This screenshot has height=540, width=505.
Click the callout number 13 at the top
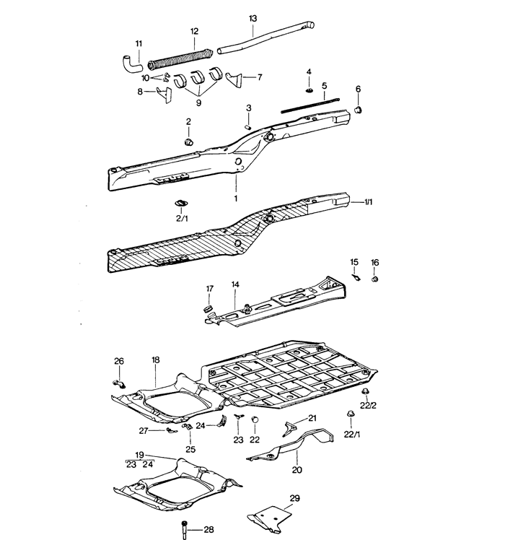click(252, 17)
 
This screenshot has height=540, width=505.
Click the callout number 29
click(294, 498)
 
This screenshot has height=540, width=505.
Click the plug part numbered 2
click(190, 142)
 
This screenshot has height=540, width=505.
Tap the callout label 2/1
click(181, 217)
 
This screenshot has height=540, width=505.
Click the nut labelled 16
click(375, 278)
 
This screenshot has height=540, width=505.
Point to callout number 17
click(210, 289)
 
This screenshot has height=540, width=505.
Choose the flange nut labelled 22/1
click(350, 415)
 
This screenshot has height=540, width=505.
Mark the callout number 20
click(297, 469)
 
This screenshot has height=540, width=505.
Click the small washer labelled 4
click(309, 90)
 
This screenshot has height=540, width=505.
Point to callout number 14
click(235, 284)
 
